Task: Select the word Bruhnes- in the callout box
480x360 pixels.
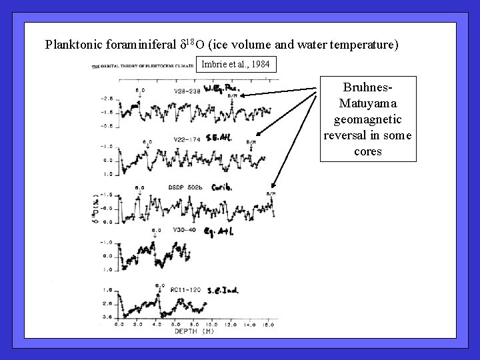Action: pos(367,88)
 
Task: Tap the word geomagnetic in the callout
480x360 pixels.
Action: pos(367,121)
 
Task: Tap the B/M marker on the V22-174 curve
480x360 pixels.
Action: pos(250,141)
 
